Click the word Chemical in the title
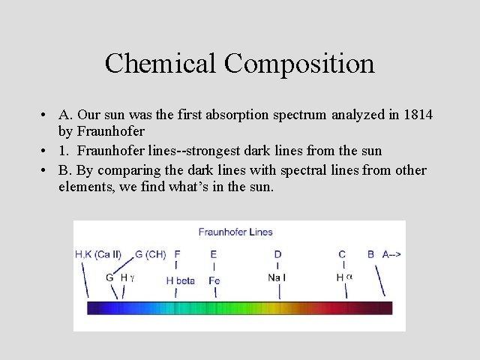151,63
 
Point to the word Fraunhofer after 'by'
110,131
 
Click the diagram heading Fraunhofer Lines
235,232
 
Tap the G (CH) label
150,254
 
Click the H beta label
180,280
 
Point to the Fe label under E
214,280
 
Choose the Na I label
277,277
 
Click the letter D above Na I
277,254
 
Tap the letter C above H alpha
342,254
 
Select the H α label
344,277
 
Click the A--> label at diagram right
391,254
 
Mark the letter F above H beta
177,254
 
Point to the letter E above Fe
214,254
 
